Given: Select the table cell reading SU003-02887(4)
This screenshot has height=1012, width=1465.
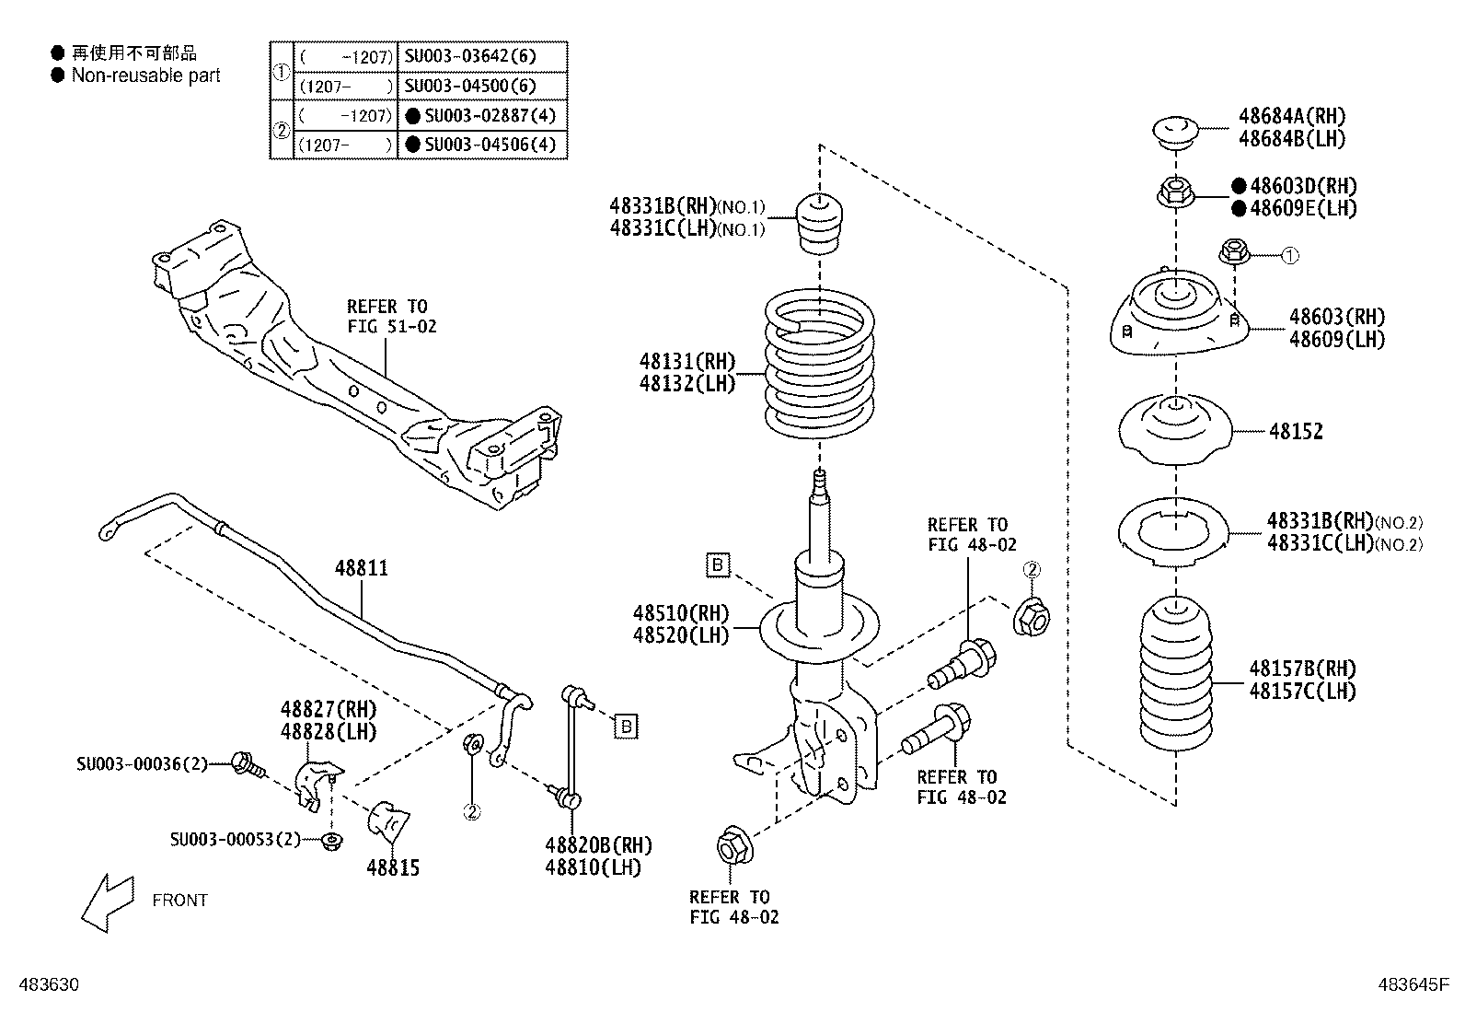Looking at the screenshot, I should click(482, 116).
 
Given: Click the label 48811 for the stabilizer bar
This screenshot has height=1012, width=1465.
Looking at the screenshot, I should click(361, 568).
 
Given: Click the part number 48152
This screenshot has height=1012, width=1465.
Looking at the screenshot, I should click(1296, 431).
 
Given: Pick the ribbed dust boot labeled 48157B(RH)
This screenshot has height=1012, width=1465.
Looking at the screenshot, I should click(1176, 671).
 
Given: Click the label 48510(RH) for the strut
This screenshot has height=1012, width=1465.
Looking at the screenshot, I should click(680, 613).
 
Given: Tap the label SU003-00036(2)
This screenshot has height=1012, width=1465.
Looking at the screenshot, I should click(142, 763).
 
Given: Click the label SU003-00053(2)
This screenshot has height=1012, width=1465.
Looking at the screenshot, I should click(236, 840).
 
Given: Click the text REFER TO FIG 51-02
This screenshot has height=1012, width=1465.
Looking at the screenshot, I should click(391, 316).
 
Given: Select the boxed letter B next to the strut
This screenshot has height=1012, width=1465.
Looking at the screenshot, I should click(717, 564).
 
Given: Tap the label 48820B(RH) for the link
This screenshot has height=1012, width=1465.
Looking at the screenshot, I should click(597, 845).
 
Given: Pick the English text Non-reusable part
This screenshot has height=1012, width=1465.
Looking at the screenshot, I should click(145, 76).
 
